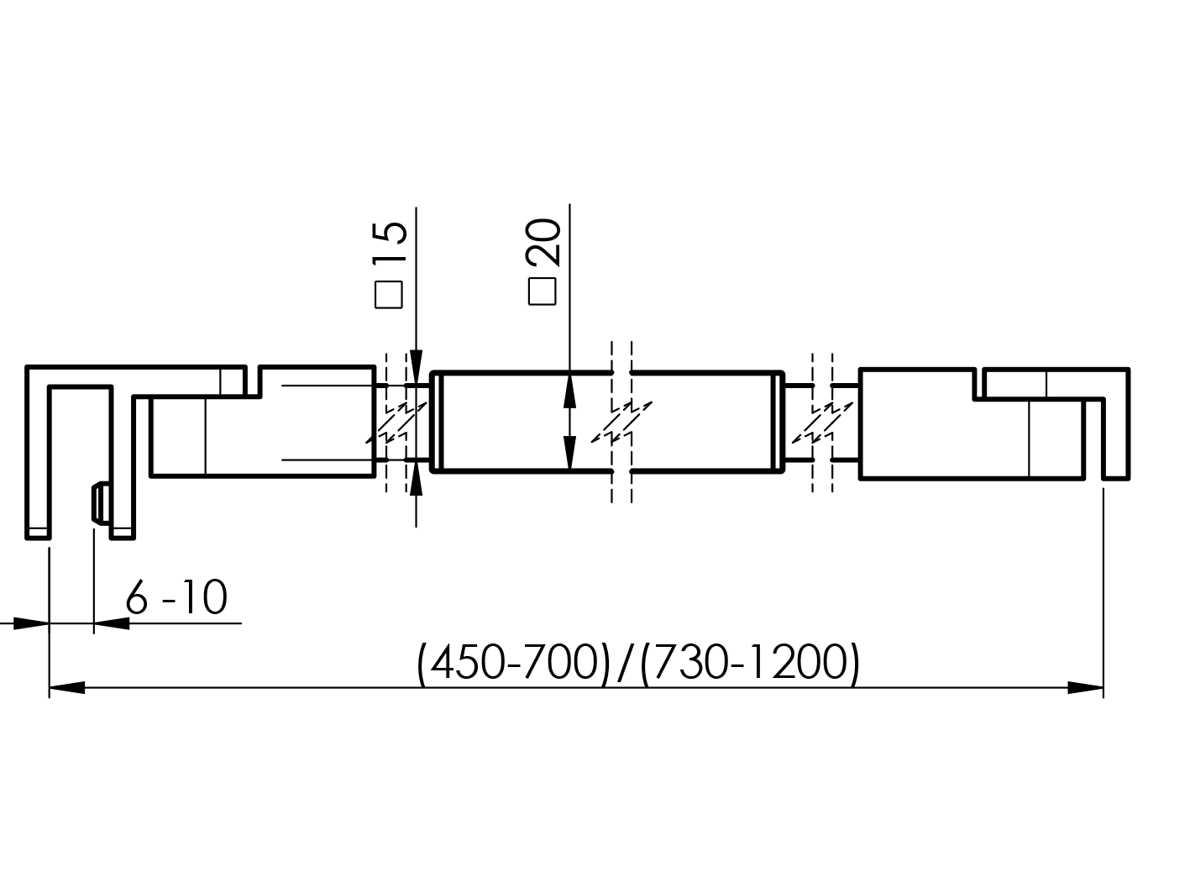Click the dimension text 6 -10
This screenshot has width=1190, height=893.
[176, 599]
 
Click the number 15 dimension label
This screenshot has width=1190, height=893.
[390, 244]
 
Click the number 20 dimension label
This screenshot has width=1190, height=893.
[543, 243]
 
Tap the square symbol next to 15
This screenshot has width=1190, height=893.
[389, 294]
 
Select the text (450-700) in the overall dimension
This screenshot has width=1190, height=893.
[512, 664]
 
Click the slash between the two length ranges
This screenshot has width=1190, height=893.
[622, 664]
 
